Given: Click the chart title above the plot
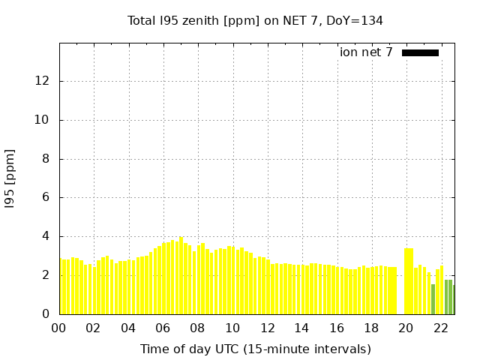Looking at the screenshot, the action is [255, 21].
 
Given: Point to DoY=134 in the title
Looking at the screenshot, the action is [355, 21].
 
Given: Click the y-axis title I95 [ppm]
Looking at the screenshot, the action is [10, 178].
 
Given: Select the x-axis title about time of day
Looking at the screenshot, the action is [256, 349].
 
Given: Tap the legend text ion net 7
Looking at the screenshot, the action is [366, 52].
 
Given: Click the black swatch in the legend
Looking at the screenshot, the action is [420, 53].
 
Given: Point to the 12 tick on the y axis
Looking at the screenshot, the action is [42, 81].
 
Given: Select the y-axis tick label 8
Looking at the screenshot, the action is [46, 159].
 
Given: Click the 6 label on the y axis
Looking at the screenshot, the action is [46, 197].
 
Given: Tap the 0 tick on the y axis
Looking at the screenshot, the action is [46, 313].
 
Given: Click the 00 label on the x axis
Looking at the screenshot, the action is [58, 328].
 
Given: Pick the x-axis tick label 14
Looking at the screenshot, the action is [301, 328].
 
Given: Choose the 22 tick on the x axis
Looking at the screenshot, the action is [441, 328].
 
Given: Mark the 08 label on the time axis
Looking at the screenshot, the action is [197, 328].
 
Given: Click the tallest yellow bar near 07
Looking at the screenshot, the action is [181, 275].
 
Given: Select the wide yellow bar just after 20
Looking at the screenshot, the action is [409, 281].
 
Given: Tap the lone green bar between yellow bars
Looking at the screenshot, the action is [433, 299].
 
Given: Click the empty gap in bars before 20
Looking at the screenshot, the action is [400, 291].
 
